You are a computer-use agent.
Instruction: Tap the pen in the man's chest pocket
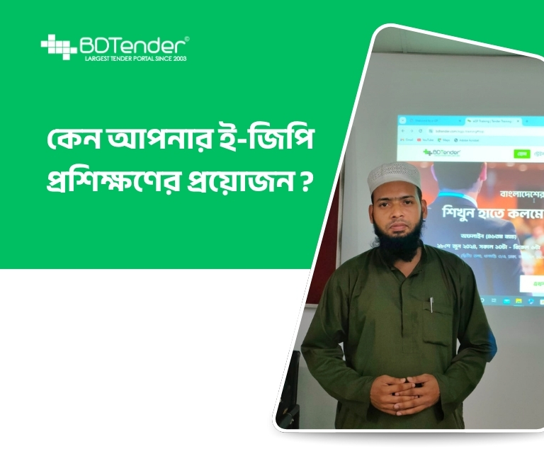[431, 305]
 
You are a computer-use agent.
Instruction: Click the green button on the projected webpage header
[522, 154]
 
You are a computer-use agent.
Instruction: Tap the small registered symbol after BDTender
[186, 38]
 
